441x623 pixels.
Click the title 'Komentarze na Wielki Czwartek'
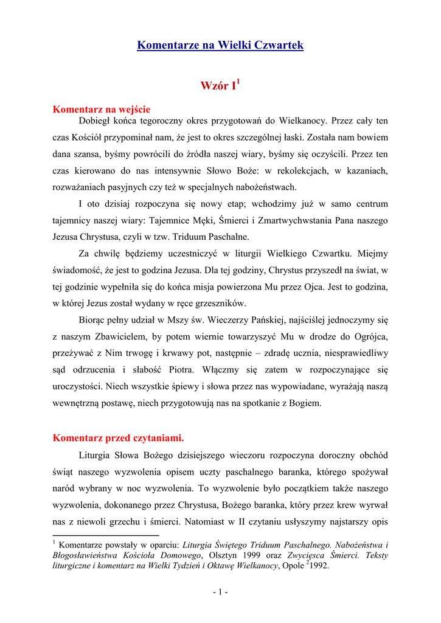click(x=220, y=45)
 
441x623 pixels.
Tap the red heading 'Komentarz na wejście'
click(x=102, y=110)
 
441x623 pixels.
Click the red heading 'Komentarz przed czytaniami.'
click(x=119, y=437)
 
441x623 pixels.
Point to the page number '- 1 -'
click(x=220, y=591)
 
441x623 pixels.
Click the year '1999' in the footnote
click(x=252, y=555)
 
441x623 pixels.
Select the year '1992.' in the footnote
click(x=316, y=566)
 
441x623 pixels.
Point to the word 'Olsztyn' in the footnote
click(x=223, y=555)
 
